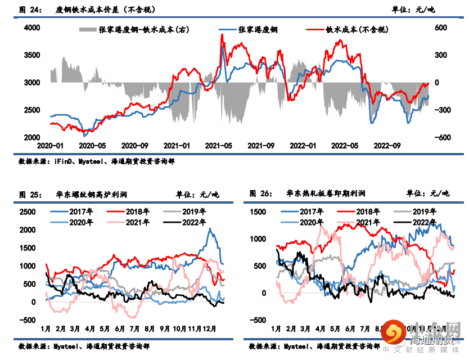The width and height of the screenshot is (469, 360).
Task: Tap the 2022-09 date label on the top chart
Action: [x=389, y=146]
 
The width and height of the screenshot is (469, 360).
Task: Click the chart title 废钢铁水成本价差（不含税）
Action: [x=106, y=10]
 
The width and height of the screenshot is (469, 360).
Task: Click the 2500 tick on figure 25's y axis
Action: [x=26, y=212]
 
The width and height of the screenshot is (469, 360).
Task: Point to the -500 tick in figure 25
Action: [x=26, y=320]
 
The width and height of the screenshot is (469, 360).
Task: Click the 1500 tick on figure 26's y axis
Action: [x=258, y=212]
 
